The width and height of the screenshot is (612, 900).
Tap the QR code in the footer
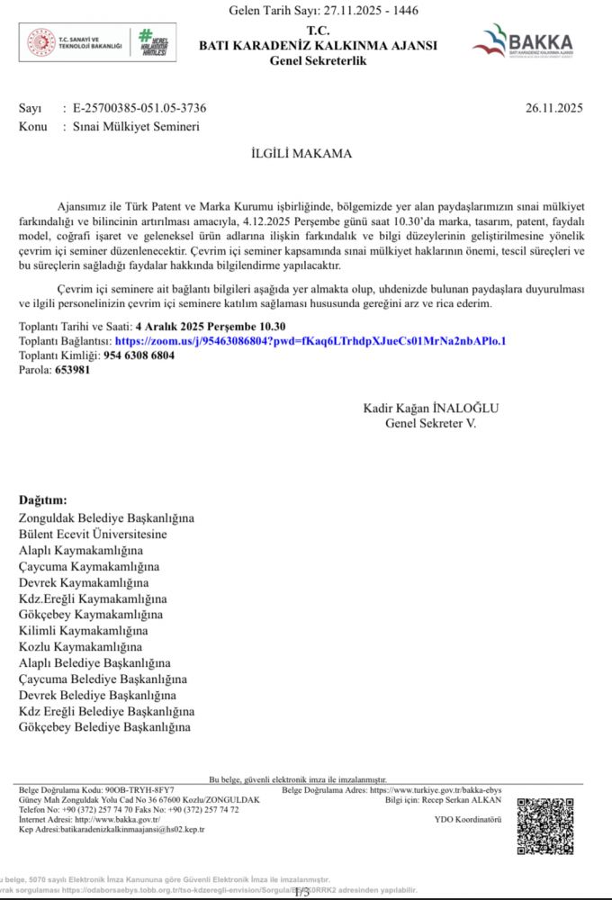544,825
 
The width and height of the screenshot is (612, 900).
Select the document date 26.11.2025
554,109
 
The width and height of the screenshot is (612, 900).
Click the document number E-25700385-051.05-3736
139,109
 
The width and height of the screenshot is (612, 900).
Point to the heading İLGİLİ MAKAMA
301,154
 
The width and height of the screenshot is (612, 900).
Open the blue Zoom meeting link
310,342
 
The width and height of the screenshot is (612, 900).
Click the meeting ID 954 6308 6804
139,355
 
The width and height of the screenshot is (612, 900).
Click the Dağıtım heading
42,500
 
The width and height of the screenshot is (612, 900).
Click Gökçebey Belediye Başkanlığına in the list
105,726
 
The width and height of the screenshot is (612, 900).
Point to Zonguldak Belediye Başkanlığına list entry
106,518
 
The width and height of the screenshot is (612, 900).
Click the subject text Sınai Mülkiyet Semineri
137,127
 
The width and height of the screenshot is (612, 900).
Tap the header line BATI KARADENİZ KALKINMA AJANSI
318,45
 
